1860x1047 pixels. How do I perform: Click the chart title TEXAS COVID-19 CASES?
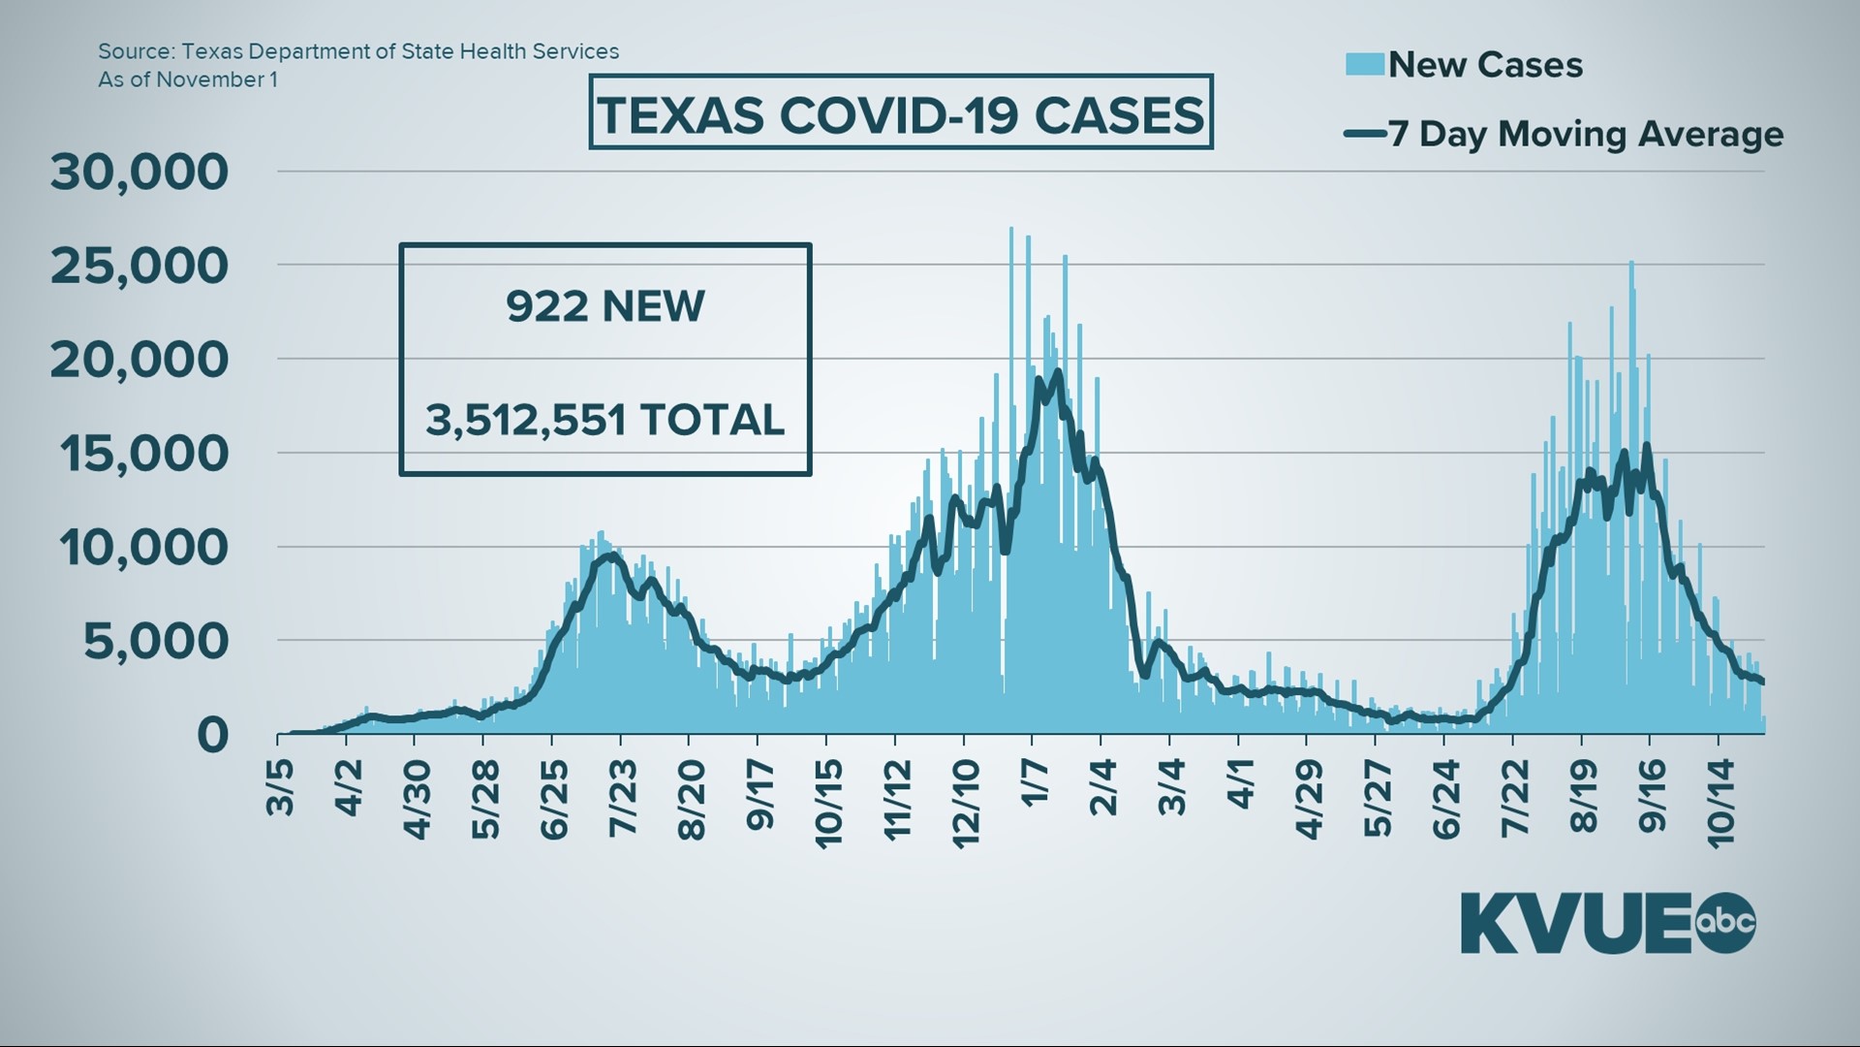900,114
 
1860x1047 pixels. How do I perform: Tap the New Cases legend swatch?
1364,64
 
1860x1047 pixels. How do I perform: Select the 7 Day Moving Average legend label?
1585,134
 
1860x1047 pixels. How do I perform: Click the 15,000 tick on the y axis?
144,453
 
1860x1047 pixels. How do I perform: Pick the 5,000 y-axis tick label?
156,641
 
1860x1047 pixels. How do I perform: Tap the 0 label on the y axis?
212,735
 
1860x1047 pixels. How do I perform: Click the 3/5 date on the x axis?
280,788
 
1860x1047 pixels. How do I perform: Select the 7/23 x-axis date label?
622,798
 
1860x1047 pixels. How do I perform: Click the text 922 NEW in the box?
604,306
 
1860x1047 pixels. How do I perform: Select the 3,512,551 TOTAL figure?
604,420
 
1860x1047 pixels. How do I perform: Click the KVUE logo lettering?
1576,924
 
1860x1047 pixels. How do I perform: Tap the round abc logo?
1725,922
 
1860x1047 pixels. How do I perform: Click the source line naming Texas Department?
358,51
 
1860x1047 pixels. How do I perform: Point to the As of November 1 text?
188,79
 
